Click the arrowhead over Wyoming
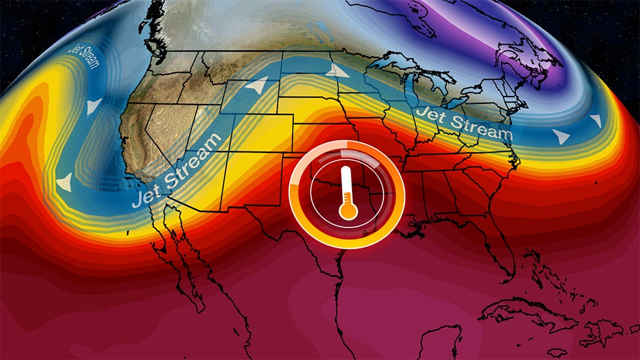(x=259, y=85)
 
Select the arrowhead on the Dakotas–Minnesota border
(x=338, y=71)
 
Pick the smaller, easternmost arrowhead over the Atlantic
(x=596, y=121)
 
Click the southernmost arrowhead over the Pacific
(x=64, y=184)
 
